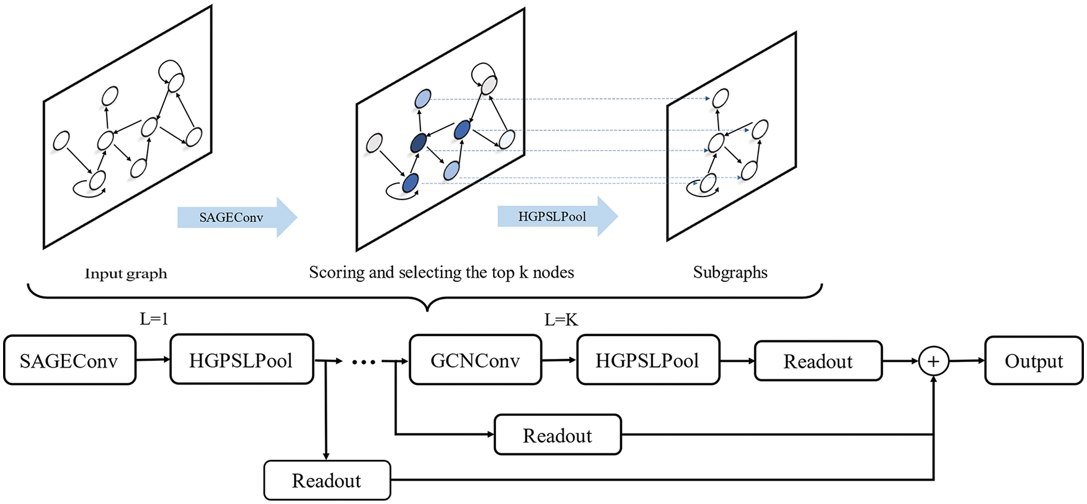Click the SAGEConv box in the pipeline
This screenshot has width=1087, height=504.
[69, 360]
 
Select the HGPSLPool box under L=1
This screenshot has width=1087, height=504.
[241, 360]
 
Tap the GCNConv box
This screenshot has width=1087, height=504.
[475, 360]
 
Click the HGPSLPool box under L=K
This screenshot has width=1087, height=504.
[647, 360]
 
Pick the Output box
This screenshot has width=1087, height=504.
[1033, 361]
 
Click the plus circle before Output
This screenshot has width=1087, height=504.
[933, 361]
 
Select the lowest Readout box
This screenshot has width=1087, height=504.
[327, 480]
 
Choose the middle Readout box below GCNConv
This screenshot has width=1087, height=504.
[557, 435]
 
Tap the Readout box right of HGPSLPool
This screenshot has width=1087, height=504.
[818, 361]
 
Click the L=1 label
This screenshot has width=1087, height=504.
[154, 319]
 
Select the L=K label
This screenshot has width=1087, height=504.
[561, 320]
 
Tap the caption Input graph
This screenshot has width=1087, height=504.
[126, 273]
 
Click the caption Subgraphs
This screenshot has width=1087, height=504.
[730, 273]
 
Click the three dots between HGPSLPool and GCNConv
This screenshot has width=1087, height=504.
[363, 362]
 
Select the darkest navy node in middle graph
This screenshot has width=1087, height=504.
[419, 143]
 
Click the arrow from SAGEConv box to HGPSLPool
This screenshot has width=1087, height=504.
[153, 360]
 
